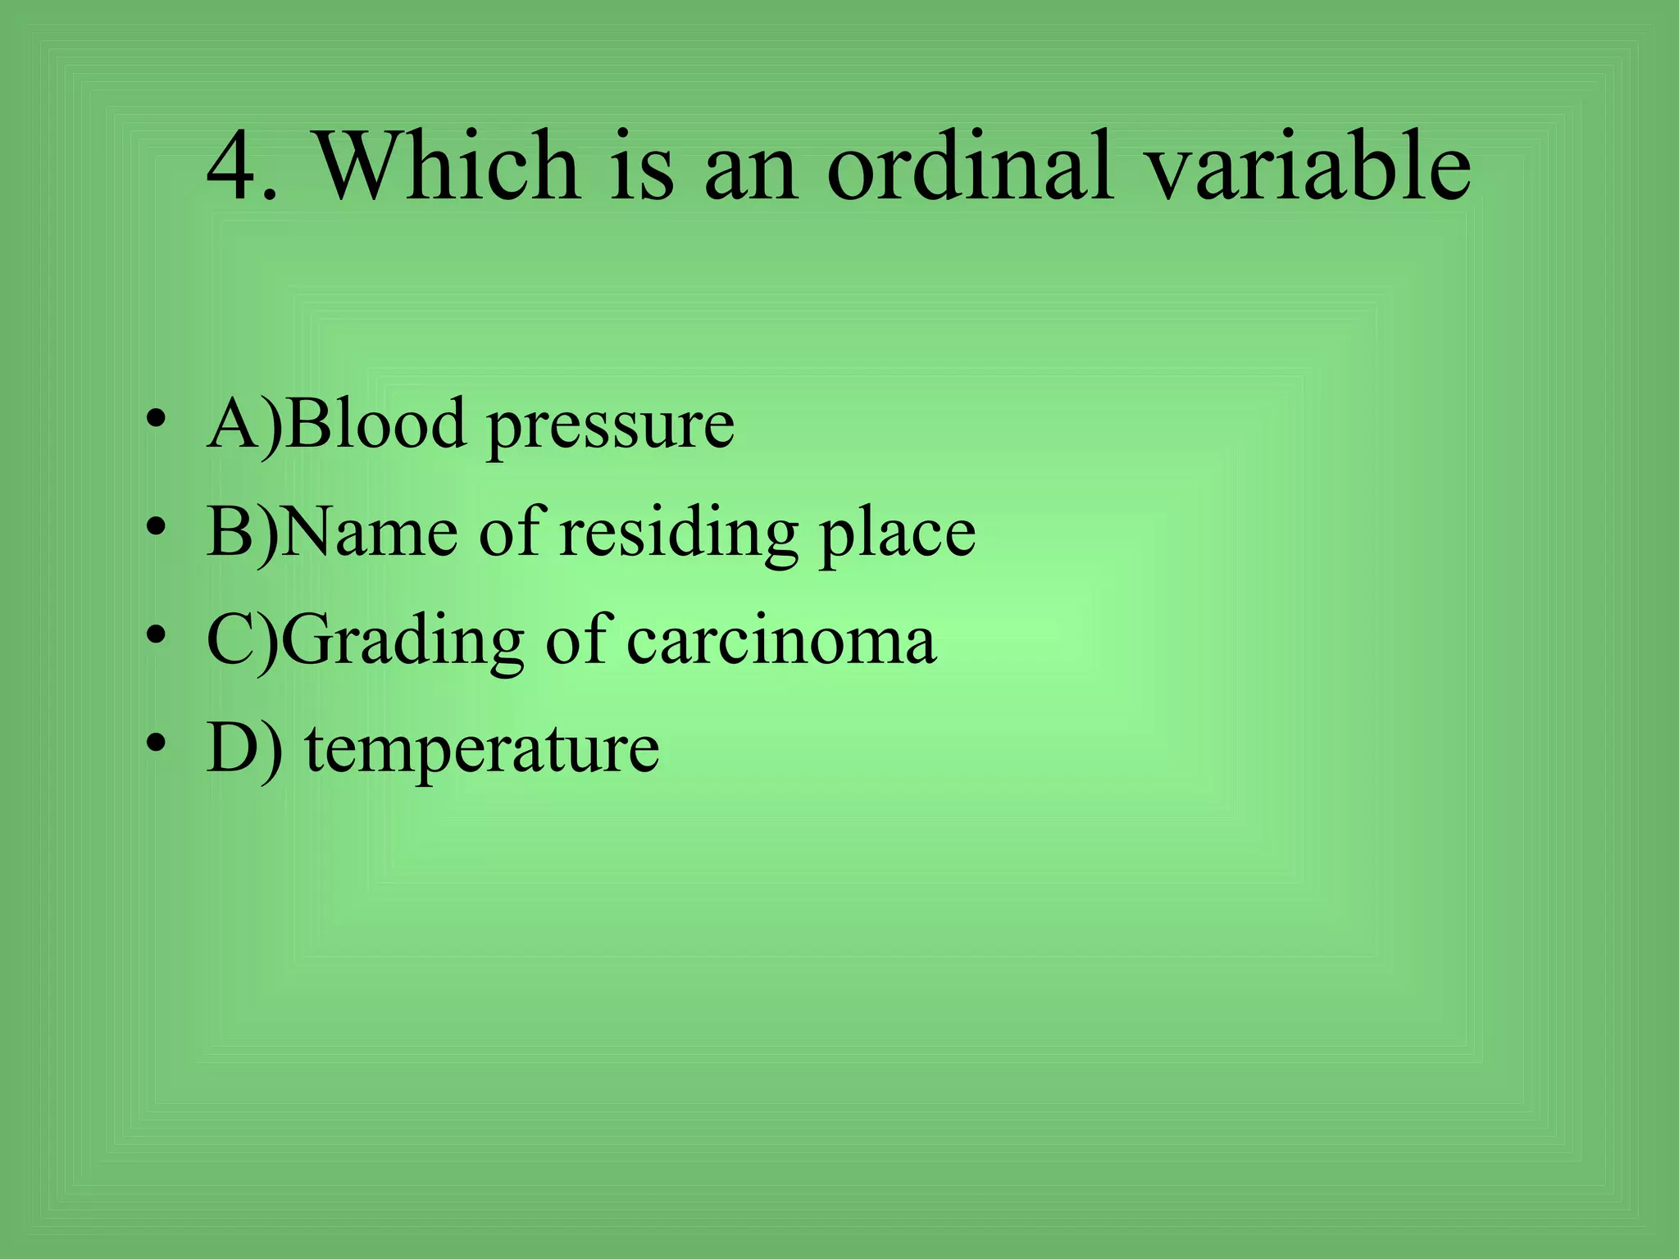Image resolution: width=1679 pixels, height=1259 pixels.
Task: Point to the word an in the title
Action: [750, 172]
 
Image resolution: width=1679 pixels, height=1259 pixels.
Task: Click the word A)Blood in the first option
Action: [337, 424]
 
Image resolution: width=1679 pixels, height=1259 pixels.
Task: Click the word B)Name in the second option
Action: [332, 532]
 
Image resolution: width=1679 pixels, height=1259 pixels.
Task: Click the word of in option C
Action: [578, 639]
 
